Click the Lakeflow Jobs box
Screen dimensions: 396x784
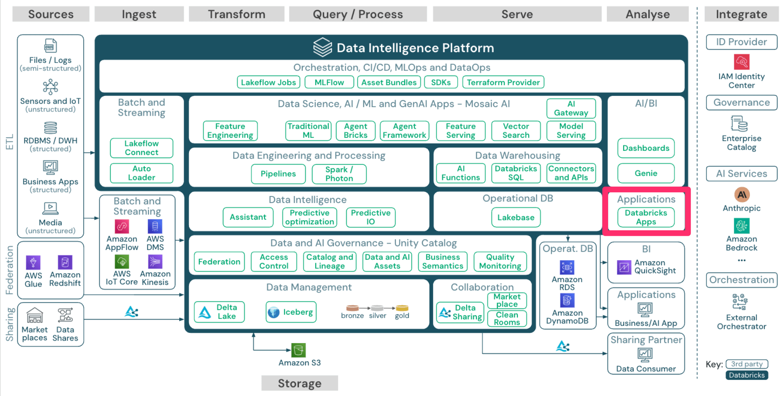pyautogui.click(x=268, y=82)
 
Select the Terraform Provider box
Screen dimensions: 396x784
pyautogui.click(x=503, y=82)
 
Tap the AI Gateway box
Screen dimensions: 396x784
pyautogui.click(x=571, y=108)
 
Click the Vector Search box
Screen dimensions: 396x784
pyautogui.click(x=516, y=131)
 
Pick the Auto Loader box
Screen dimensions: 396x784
pyautogui.click(x=141, y=173)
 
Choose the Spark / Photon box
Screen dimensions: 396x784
pyautogui.click(x=339, y=174)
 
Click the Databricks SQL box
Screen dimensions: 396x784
pyautogui.click(x=516, y=173)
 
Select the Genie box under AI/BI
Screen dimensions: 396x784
pyautogui.click(x=646, y=173)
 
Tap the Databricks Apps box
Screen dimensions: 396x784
pyautogui.click(x=646, y=217)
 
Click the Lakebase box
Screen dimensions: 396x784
pyautogui.click(x=516, y=217)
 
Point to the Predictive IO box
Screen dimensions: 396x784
pyautogui.click(x=370, y=217)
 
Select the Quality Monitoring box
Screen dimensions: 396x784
pyautogui.click(x=500, y=262)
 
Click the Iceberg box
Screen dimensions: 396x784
pyautogui.click(x=291, y=312)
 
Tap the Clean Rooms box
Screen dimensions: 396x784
pyautogui.click(x=507, y=319)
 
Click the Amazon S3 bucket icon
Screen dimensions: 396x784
pyautogui.click(x=299, y=350)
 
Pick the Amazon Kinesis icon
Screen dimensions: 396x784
pyautogui.click(x=155, y=262)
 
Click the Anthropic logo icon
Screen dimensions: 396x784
pyautogui.click(x=741, y=194)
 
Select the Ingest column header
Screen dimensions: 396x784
pyautogui.click(x=139, y=14)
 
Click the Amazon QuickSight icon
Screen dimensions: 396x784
pyautogui.click(x=624, y=267)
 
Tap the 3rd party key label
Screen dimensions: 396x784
pyautogui.click(x=747, y=364)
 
